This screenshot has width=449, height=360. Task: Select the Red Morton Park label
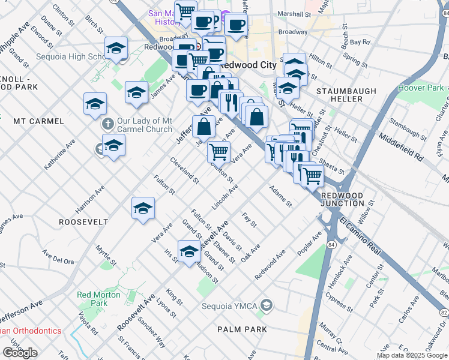(92, 299)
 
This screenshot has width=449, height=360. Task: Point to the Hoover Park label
(420, 88)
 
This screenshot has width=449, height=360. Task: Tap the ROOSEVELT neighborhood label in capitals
(83, 221)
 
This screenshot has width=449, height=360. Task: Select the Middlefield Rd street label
(401, 149)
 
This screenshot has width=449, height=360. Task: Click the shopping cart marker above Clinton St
(219, 151)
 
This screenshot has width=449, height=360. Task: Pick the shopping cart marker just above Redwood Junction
(312, 175)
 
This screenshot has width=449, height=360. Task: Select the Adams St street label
(280, 196)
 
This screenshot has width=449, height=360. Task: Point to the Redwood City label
(243, 64)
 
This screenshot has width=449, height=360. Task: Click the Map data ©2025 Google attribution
(412, 355)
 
